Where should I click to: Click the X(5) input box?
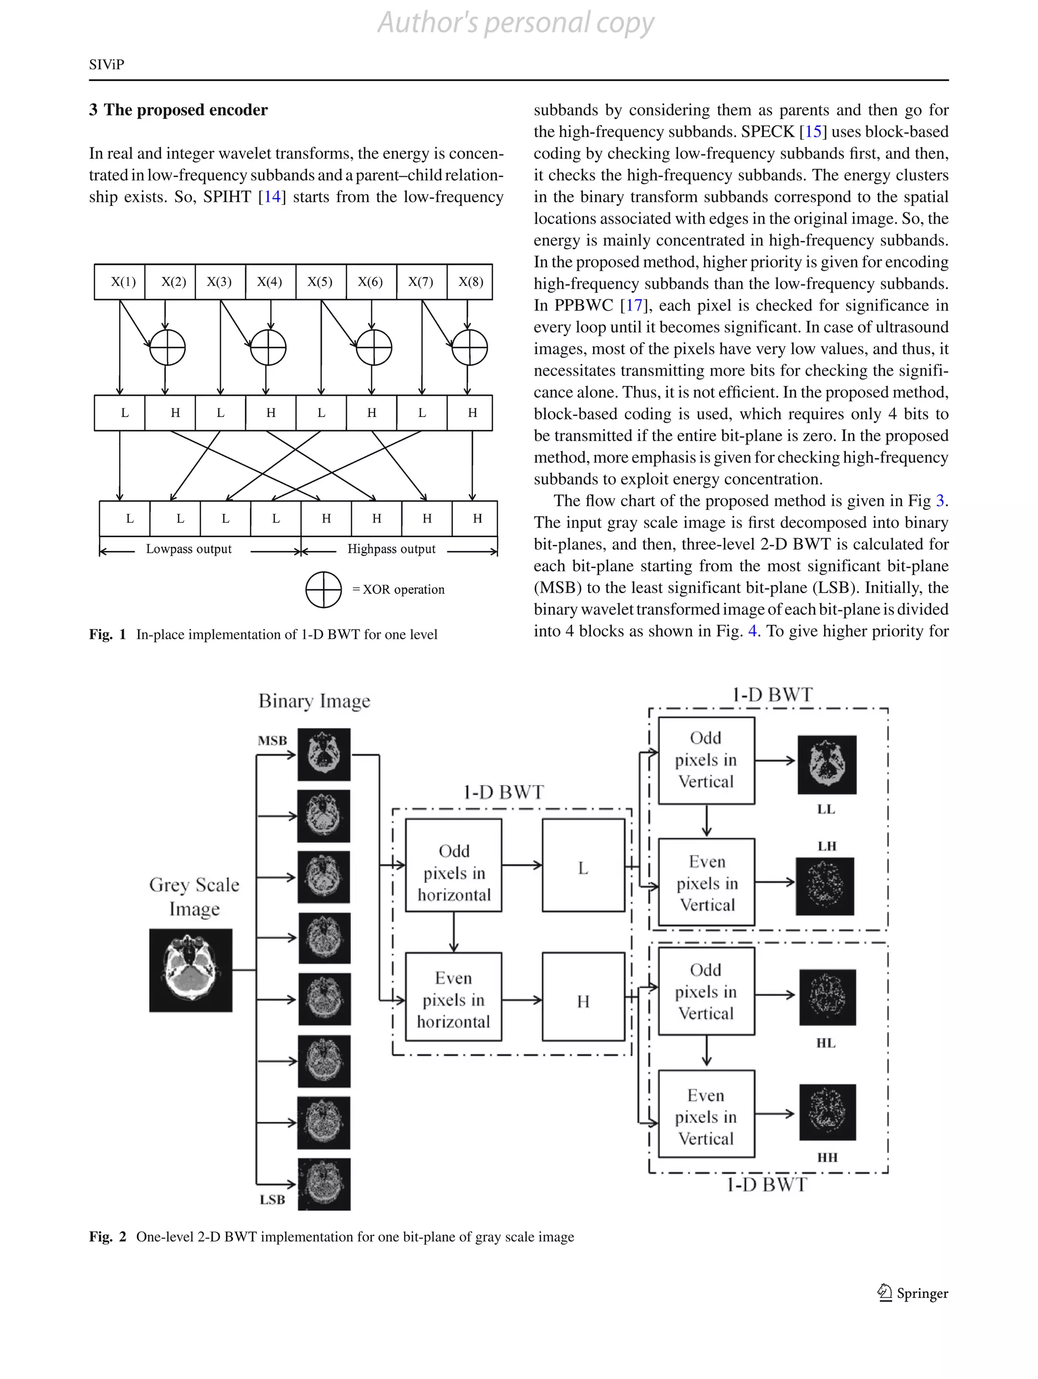tap(320, 282)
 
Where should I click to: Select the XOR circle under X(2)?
tap(167, 347)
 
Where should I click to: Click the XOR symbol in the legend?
tap(323, 589)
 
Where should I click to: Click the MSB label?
tap(273, 740)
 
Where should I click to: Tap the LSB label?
tap(273, 1200)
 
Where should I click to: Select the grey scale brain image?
tap(191, 970)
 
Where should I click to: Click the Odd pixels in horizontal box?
tap(454, 865)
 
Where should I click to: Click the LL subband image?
tap(827, 764)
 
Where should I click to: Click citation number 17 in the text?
tap(634, 306)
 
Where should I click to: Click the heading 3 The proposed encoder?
tap(178, 110)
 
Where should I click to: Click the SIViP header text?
tap(106, 65)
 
